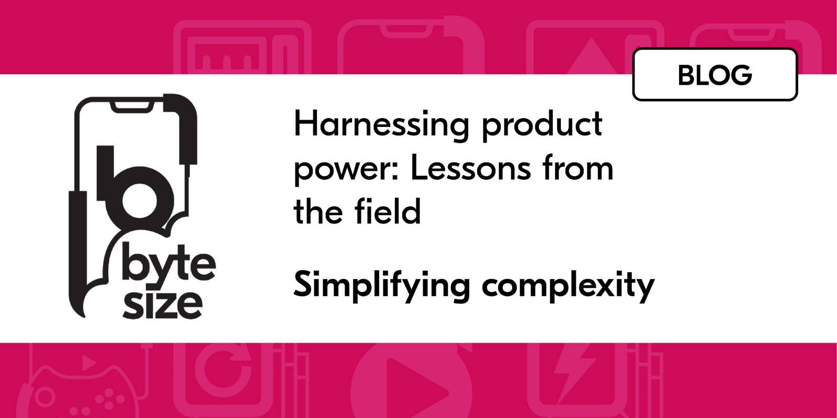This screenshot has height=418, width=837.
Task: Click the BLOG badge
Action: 715,75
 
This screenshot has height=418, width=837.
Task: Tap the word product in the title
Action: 542,125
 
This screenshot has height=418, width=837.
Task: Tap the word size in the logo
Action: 162,304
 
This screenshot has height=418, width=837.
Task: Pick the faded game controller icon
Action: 78,392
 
